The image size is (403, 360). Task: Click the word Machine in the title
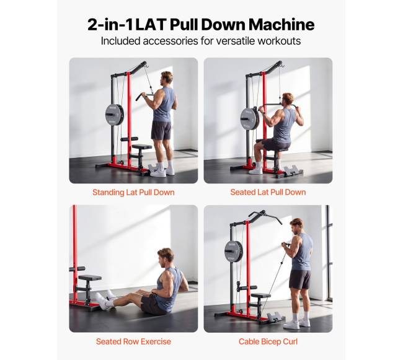click(281, 25)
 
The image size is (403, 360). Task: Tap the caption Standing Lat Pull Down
click(133, 192)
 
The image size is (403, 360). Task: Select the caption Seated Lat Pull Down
click(268, 192)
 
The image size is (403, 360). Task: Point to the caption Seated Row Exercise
click(133, 341)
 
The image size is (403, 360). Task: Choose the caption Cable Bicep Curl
click(268, 341)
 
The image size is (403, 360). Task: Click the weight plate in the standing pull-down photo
click(115, 115)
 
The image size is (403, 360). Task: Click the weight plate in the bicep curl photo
click(234, 250)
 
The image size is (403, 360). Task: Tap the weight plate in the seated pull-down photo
click(250, 118)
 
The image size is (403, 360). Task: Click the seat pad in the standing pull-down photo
click(142, 147)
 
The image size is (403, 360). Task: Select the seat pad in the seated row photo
click(90, 278)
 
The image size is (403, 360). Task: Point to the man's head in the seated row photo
click(166, 257)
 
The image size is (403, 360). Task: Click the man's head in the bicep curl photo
click(298, 226)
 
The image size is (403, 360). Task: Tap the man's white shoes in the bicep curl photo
click(296, 323)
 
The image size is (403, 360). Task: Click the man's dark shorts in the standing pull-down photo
click(161, 130)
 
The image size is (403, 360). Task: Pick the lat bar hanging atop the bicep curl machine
click(266, 216)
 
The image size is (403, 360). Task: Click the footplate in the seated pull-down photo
click(293, 171)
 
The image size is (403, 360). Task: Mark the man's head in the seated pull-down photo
click(288, 100)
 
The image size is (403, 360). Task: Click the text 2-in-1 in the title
click(110, 25)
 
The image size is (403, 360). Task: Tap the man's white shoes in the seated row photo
click(105, 299)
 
